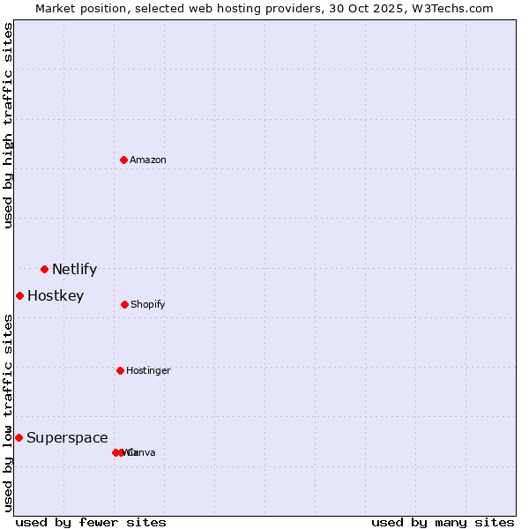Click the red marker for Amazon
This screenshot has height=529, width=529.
(123, 160)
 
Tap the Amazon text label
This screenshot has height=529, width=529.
(148, 160)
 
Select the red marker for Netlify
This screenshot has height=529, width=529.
(44, 269)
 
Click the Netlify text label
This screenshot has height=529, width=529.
(74, 270)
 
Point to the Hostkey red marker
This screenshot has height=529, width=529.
(19, 295)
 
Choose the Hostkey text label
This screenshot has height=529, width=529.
(56, 296)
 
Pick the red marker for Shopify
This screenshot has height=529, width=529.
(124, 304)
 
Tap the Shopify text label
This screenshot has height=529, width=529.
(148, 305)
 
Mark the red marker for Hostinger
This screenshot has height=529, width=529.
(120, 370)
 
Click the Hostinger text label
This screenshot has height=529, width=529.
(148, 371)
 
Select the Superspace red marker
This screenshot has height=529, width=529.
(19, 437)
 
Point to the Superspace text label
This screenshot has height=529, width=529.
(67, 438)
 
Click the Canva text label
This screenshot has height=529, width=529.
(143, 453)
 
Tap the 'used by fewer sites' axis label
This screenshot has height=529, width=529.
(91, 522)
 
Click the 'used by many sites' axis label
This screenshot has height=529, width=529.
(443, 522)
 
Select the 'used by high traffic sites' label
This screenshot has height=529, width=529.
(9, 125)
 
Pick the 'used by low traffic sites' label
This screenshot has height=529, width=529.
(9, 413)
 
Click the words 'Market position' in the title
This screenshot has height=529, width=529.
(77, 8)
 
